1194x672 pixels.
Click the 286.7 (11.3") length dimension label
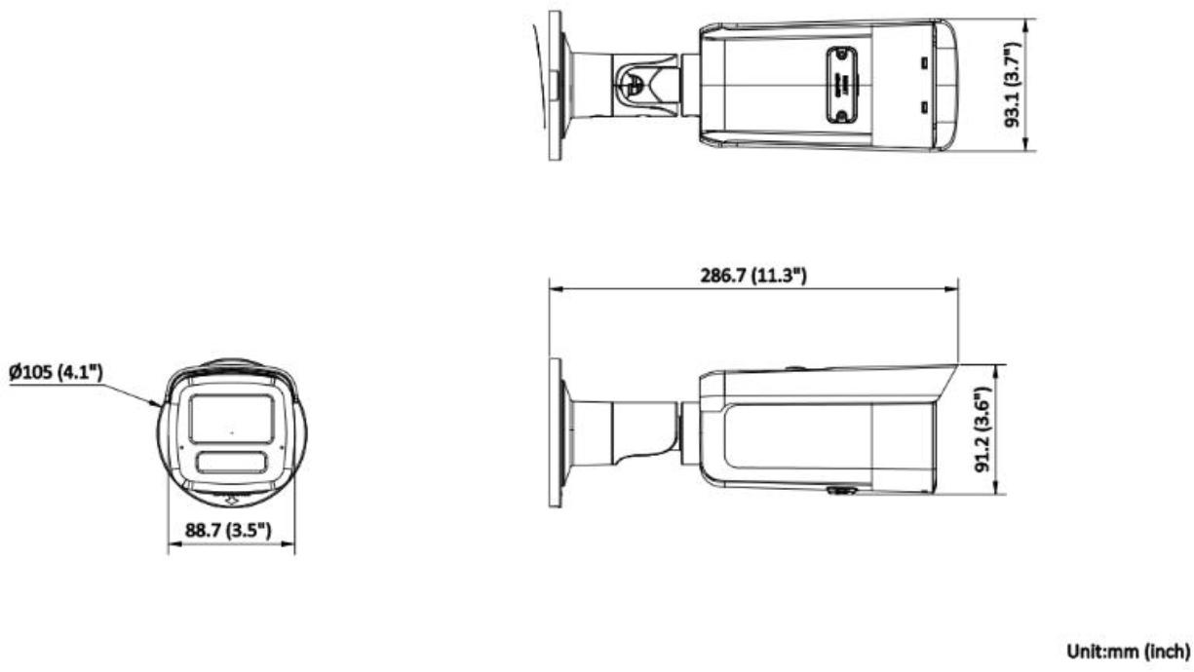coord(753,276)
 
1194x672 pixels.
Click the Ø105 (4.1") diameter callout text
coord(57,373)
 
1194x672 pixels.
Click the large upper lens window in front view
coord(231,420)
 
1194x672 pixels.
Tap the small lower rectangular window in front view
coord(231,462)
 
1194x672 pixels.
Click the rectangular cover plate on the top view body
coord(839,86)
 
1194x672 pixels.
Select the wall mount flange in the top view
coord(555,85)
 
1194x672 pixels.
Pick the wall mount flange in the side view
coord(556,433)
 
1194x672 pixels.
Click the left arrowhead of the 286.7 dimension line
coord(553,288)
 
